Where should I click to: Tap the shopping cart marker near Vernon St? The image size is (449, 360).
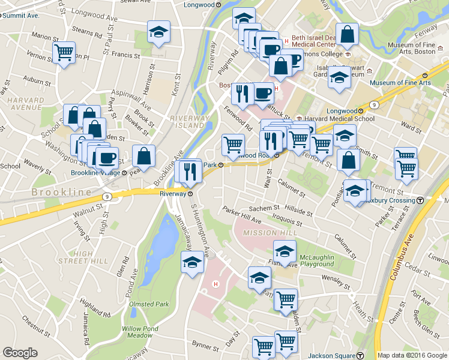[63, 52]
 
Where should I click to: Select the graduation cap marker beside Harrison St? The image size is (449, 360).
[159, 32]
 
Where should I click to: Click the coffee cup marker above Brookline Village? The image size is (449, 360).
[107, 158]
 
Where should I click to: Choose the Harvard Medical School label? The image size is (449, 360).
[340, 118]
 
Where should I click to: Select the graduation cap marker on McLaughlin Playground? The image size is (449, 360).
[285, 251]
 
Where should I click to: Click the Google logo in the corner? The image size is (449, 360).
[20, 353]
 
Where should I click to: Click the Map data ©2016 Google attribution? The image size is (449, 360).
[412, 355]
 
